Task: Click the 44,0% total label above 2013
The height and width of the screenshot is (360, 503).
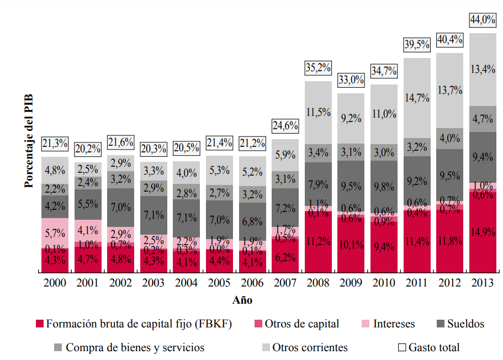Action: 482,20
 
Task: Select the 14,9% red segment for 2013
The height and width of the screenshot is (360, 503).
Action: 482,232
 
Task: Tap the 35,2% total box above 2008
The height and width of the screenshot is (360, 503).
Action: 318,68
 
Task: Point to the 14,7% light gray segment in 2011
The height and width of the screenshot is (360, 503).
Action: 417,98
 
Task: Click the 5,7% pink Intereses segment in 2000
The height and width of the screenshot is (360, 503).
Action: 55,233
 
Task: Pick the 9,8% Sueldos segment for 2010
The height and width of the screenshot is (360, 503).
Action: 384,187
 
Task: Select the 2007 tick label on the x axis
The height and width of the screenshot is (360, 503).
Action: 285,283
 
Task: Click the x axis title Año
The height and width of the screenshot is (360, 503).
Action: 242,300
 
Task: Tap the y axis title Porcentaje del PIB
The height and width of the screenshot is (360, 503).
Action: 29,140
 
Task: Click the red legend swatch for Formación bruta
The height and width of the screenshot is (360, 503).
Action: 39,324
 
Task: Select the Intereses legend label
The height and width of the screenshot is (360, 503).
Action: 394,324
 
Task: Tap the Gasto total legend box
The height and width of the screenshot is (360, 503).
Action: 402,348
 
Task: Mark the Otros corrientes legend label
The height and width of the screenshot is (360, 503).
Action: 310,347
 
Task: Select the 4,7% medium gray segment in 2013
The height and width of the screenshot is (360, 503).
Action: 482,119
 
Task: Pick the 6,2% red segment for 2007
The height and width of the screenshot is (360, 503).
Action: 285,257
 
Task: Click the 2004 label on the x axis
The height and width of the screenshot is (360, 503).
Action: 186,283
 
